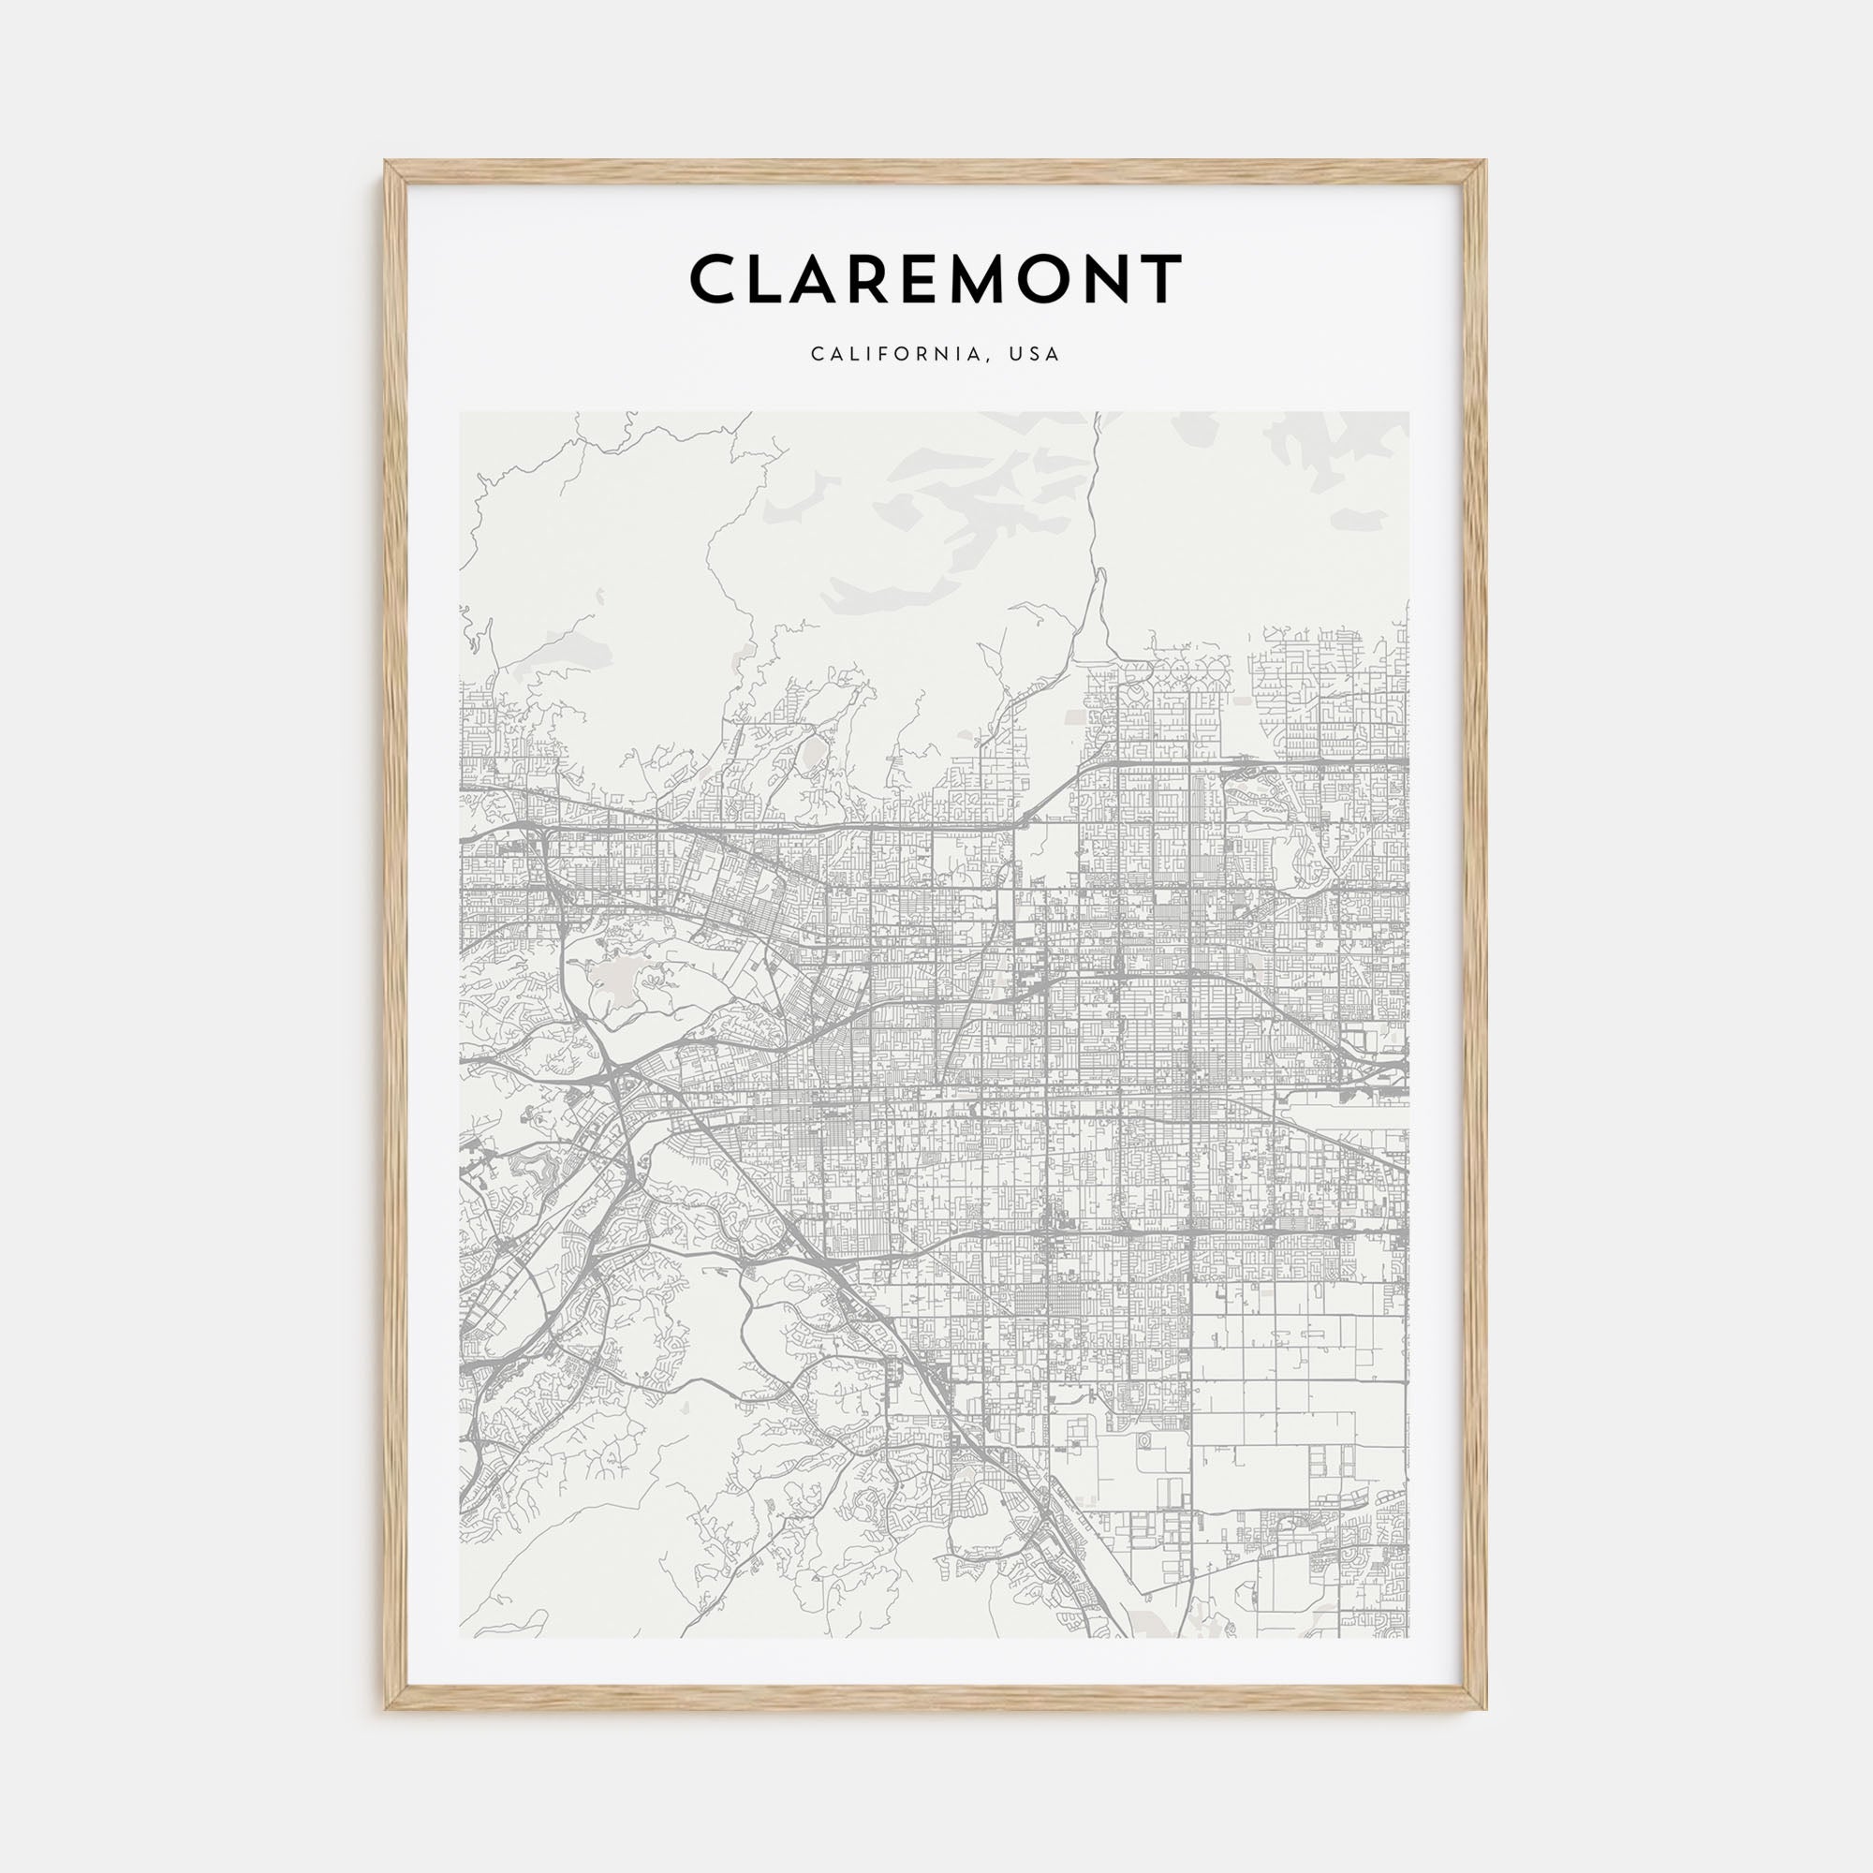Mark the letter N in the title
click(1128, 279)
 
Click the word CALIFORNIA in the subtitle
click(898, 354)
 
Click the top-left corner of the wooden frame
click(387, 162)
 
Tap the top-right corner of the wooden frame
click(1485, 162)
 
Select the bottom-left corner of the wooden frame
click(387, 1708)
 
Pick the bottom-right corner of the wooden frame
click(1485, 1708)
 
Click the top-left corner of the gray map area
click(461, 413)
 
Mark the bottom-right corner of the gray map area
click(1408, 1637)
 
